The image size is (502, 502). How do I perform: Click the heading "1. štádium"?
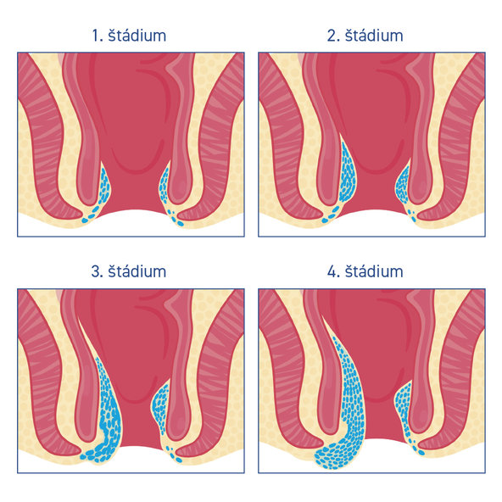pos(129,36)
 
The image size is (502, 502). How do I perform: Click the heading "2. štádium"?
pos(365,36)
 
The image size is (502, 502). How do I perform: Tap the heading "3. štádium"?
pos(129,271)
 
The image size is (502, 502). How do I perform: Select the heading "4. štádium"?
pos(365,271)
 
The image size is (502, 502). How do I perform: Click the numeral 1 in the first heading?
pos(96,36)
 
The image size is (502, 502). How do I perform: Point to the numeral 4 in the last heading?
pos(331,272)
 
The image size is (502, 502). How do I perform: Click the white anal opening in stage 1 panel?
pos(131,223)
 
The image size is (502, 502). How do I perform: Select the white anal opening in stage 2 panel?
pos(371,223)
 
